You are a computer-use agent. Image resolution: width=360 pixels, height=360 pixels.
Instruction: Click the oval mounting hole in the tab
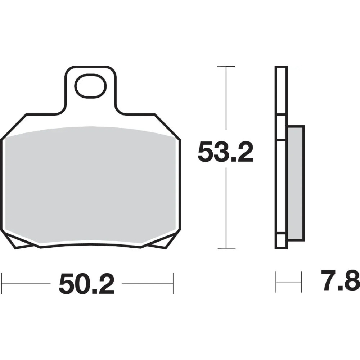click(90, 86)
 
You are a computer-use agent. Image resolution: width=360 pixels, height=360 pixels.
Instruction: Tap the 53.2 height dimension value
click(226, 153)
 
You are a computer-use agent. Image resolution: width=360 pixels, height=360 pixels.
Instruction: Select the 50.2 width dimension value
click(86, 283)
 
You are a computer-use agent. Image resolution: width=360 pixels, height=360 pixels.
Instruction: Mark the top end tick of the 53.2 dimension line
click(226, 67)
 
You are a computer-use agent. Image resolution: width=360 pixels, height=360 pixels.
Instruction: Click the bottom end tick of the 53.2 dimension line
click(226, 248)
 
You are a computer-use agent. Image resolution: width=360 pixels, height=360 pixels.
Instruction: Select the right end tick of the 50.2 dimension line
click(173, 283)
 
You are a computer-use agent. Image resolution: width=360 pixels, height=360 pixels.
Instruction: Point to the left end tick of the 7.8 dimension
click(276, 282)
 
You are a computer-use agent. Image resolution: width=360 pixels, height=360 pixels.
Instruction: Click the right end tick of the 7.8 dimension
click(301, 282)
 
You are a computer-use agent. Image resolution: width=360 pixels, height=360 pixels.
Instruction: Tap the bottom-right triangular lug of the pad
click(158, 243)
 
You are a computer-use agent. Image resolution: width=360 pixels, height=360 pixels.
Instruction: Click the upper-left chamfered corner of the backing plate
click(14, 126)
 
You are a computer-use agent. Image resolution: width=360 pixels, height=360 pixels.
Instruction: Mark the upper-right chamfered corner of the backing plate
click(167, 126)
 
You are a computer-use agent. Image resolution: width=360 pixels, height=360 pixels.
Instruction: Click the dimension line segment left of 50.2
click(27, 283)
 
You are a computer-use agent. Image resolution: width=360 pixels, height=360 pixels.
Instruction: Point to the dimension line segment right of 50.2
click(148, 283)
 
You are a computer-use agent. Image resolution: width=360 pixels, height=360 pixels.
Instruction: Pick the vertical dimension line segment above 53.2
click(226, 97)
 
